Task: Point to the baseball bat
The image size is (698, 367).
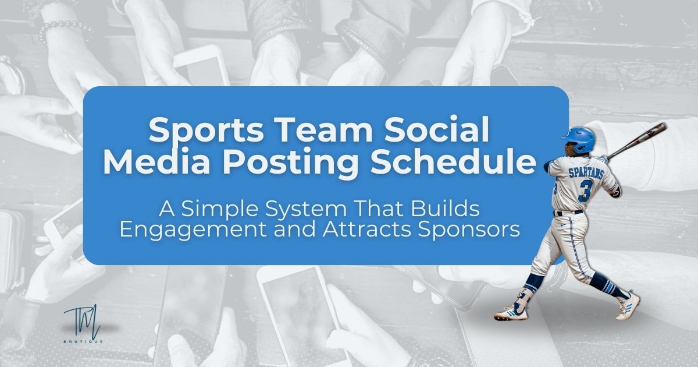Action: click(636, 140)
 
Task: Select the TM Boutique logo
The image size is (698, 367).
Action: click(84, 324)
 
